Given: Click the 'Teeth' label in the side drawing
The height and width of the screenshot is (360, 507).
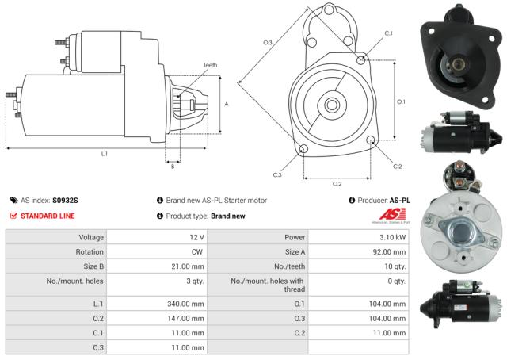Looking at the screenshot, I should pyautogui.click(x=209, y=64).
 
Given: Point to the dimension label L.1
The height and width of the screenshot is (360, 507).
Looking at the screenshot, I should pyautogui.click(x=104, y=154).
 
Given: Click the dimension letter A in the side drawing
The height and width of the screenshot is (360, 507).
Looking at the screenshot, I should pyautogui.click(x=227, y=104).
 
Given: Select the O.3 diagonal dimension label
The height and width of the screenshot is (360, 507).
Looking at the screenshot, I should pyautogui.click(x=268, y=42).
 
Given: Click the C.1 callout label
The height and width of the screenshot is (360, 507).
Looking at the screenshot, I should pyautogui.click(x=388, y=33).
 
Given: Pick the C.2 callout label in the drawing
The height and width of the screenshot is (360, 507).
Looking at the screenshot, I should pyautogui.click(x=398, y=166).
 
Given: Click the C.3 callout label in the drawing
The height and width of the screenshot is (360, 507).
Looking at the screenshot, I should pyautogui.click(x=277, y=174).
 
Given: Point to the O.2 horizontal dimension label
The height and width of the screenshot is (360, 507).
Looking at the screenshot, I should pyautogui.click(x=337, y=183).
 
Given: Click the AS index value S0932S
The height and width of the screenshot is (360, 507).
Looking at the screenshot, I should pyautogui.click(x=66, y=201).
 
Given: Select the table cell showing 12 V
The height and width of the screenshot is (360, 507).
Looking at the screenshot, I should pyautogui.click(x=196, y=237).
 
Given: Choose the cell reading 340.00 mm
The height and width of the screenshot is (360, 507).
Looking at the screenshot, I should pyautogui.click(x=188, y=303).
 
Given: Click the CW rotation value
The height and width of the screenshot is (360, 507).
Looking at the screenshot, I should pyautogui.click(x=198, y=251).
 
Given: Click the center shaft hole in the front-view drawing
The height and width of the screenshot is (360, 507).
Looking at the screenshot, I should pyautogui.click(x=332, y=104).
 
